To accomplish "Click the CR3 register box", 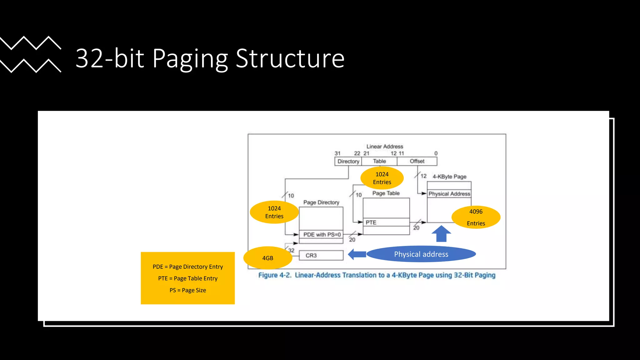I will pyautogui.click(x=321, y=255).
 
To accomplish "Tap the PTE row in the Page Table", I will pyautogui.click(x=386, y=222).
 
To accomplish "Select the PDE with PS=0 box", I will pyautogui.click(x=321, y=234).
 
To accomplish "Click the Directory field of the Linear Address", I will pyautogui.click(x=348, y=161).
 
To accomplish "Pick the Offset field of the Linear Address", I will pyautogui.click(x=417, y=161).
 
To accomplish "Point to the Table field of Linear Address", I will pyautogui.click(x=379, y=161).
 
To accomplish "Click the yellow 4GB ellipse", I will pyautogui.click(x=268, y=258).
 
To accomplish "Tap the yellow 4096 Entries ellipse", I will pyautogui.click(x=476, y=217).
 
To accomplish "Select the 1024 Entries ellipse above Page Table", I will pyautogui.click(x=382, y=178).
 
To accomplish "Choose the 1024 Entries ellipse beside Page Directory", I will pyautogui.click(x=274, y=212).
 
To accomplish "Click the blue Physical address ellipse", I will pyautogui.click(x=421, y=254).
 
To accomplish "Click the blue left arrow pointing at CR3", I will pyautogui.click(x=357, y=254).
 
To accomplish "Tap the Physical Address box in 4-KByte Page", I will pyautogui.click(x=449, y=194).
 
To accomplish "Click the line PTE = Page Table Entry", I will pyautogui.click(x=187, y=278).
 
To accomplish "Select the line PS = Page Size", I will pyautogui.click(x=187, y=290).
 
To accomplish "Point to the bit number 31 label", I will pyautogui.click(x=337, y=153).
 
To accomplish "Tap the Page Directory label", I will pyautogui.click(x=321, y=202).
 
